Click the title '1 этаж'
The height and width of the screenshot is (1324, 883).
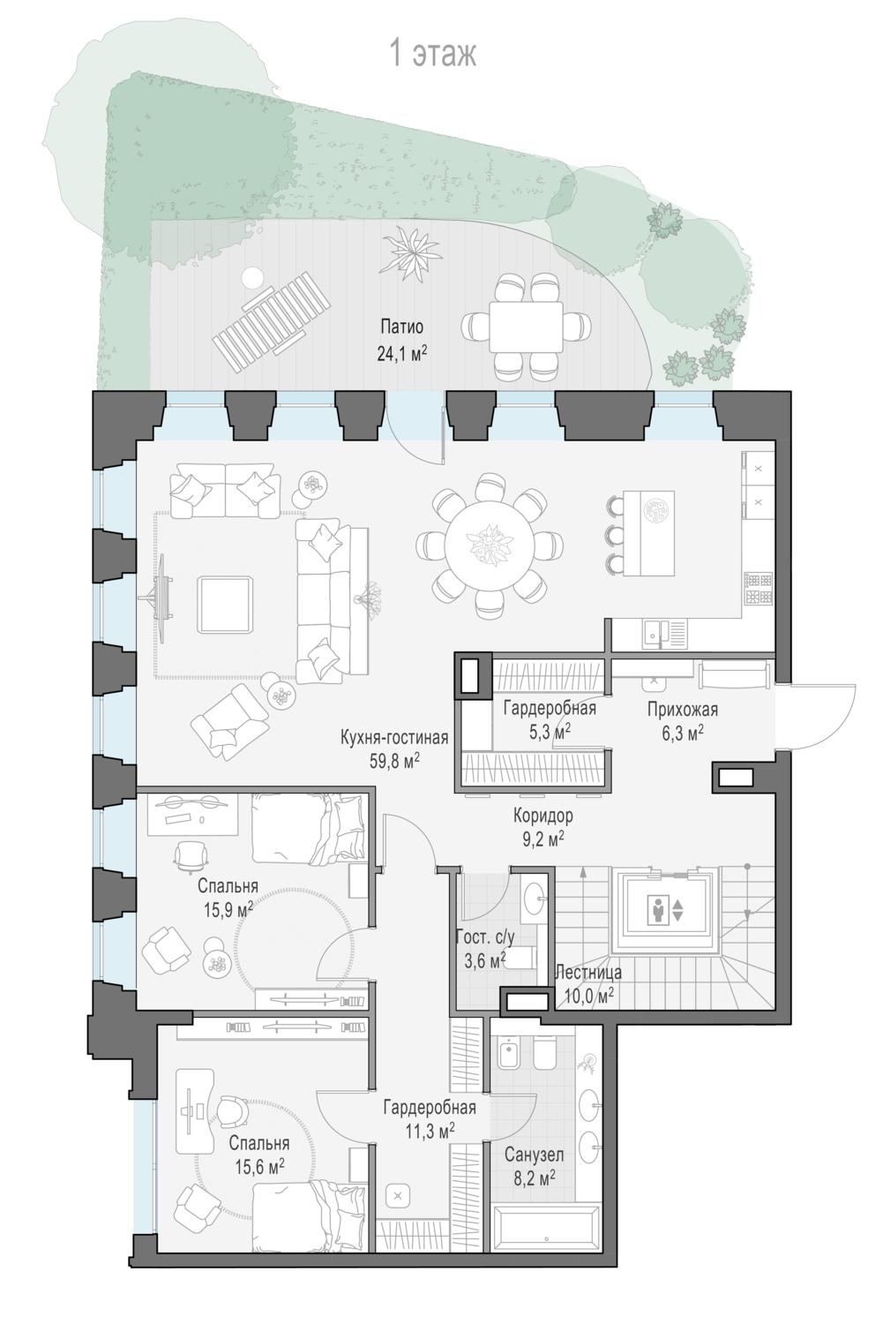433,54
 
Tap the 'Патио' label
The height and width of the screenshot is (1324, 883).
401,327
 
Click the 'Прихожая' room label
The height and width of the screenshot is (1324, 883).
682,710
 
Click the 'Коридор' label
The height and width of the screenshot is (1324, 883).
543,816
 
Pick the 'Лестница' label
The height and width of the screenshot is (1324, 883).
588,972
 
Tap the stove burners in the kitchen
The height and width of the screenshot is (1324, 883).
759,588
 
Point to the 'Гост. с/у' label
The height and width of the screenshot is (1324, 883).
485,937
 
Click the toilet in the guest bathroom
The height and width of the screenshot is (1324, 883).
521,958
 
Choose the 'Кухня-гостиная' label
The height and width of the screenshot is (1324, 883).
394,737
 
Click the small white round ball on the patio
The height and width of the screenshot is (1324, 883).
253,276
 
